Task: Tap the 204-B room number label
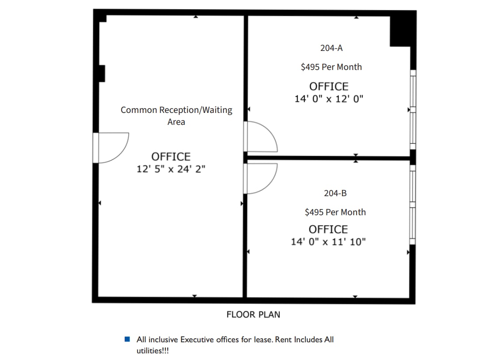[x=335, y=193]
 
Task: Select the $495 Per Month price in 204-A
[x=331, y=67]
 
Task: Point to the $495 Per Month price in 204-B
[x=335, y=212]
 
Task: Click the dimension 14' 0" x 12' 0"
[x=328, y=99]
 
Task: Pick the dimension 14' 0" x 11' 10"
[x=328, y=242]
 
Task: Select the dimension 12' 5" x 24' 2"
[x=171, y=169]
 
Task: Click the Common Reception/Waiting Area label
[x=176, y=116]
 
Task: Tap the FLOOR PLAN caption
[x=253, y=314]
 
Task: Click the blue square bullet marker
[x=127, y=340]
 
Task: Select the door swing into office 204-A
[x=261, y=137]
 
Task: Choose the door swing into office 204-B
[x=261, y=178]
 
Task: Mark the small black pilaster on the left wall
[x=101, y=74]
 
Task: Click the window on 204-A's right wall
[x=413, y=109]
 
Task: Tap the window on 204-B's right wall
[x=413, y=205]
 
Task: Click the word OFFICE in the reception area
[x=171, y=157]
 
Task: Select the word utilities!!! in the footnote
[x=153, y=351]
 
